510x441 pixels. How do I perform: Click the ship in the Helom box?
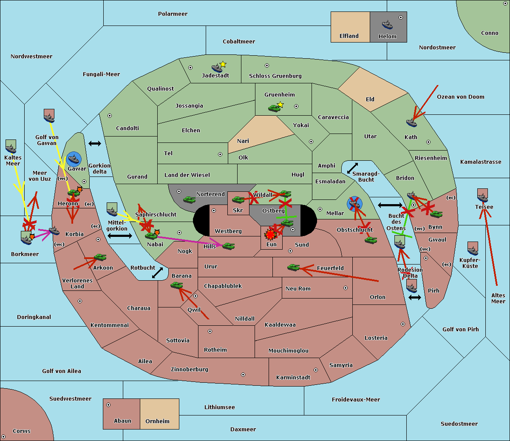(387, 25)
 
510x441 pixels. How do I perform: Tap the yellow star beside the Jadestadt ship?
(223, 64)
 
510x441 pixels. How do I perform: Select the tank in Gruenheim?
(274, 108)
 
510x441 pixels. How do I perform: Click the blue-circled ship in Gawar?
(74, 159)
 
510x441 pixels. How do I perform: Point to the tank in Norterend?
(189, 199)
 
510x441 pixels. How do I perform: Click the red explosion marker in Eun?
(270, 234)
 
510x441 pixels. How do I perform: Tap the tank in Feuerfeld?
(294, 267)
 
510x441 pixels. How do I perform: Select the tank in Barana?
(177, 285)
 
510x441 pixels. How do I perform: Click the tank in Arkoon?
(100, 257)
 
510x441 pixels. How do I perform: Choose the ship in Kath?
(411, 123)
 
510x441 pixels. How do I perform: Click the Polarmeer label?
(173, 14)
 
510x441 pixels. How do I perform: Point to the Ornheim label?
(157, 421)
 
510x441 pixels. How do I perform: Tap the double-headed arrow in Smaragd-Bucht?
(352, 168)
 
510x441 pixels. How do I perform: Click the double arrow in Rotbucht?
(157, 273)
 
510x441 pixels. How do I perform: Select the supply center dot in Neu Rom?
(346, 288)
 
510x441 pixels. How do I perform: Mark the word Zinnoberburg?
(190, 370)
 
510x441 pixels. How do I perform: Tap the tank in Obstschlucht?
(371, 240)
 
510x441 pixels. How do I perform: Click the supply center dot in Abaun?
(108, 405)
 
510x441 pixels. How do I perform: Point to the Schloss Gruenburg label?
(275, 76)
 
